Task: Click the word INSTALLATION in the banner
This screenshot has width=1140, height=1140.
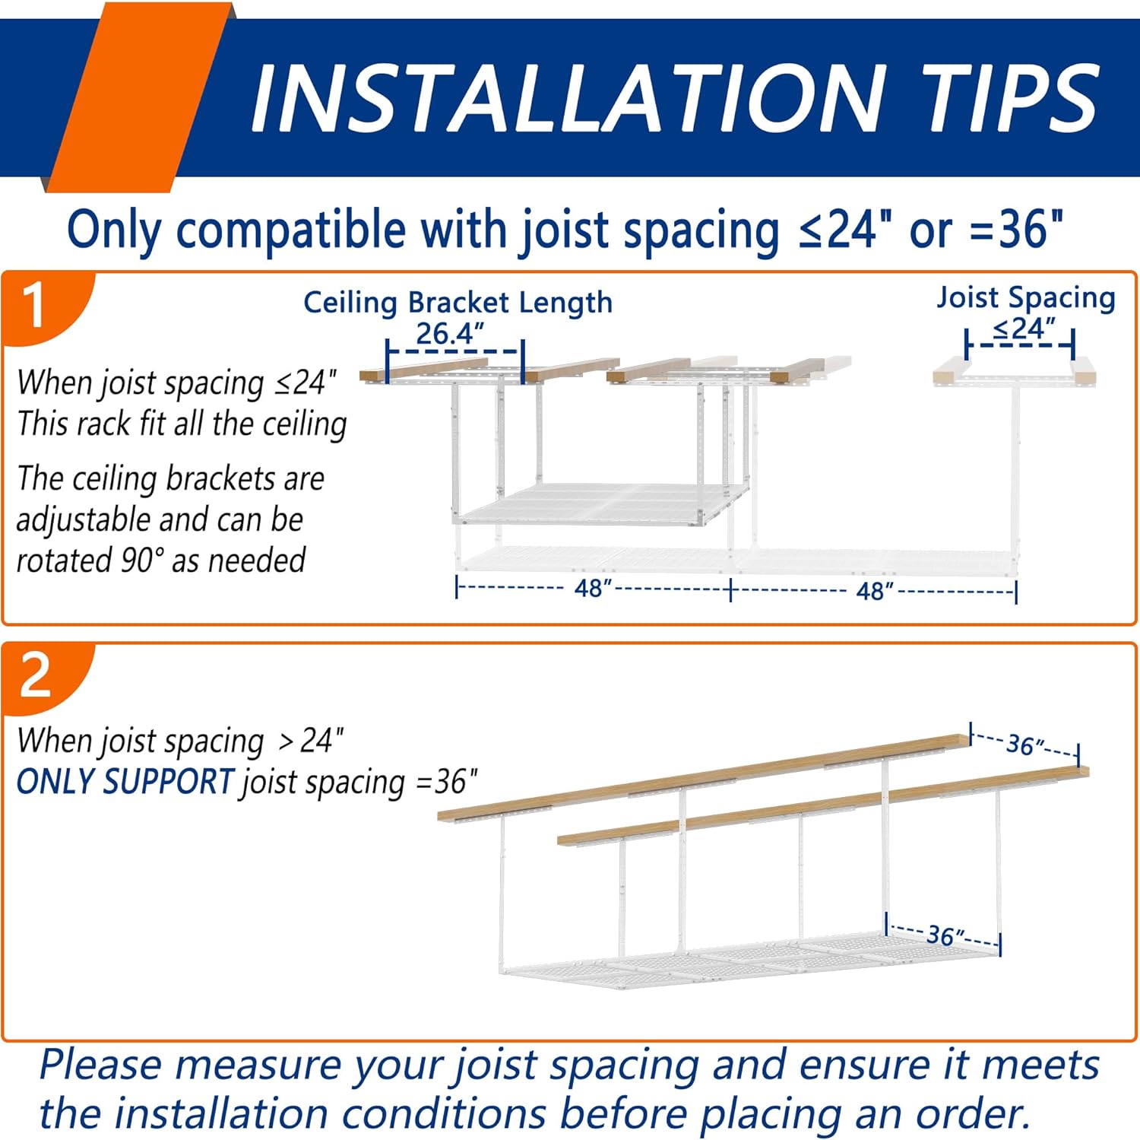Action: click(567, 98)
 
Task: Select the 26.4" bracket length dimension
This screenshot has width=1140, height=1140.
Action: click(450, 334)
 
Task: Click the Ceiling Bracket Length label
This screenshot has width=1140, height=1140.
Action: click(458, 303)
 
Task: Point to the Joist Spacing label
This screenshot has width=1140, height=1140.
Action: click(1026, 297)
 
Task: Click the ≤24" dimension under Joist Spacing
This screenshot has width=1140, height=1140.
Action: click(1024, 329)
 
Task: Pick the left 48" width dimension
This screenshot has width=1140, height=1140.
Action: click(593, 589)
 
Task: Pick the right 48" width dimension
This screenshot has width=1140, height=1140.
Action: click(874, 591)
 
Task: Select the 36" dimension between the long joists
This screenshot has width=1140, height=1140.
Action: click(1024, 745)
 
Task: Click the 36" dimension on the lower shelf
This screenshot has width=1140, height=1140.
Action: click(944, 935)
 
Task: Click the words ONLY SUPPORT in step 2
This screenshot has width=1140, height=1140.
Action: click(125, 782)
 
